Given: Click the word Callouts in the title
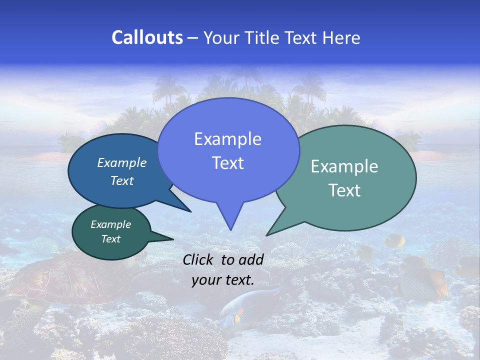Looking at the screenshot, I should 147,37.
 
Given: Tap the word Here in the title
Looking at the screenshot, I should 341,37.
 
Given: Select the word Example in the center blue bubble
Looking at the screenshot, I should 227,139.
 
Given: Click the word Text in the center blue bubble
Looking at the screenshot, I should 227,163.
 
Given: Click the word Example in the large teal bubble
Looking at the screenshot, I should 344,166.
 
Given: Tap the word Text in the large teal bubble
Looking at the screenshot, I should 344,190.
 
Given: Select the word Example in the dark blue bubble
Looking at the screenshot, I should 122,162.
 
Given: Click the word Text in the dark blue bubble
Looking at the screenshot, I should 122,180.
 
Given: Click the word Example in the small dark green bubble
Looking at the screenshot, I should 110,224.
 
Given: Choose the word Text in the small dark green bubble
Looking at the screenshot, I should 110,239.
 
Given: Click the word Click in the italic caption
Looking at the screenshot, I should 199,260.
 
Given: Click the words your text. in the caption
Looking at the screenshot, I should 223,280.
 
